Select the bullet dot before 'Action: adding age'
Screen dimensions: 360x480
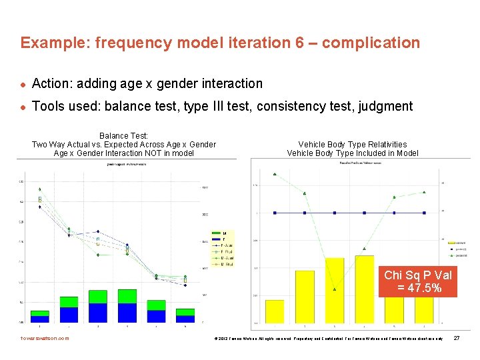[23, 84]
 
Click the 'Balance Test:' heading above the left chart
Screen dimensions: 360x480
[124, 135]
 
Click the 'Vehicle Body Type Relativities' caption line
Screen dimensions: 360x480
[353, 145]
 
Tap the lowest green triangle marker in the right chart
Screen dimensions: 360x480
[335, 289]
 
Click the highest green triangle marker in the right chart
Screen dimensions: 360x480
[275, 174]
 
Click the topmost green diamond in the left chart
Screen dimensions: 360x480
[40, 189]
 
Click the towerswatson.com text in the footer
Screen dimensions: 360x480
[45, 339]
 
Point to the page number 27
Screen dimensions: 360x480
[457, 339]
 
